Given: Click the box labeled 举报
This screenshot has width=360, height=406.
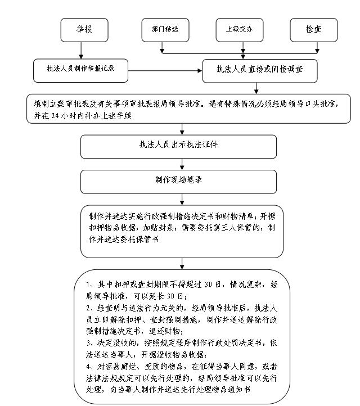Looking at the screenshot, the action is coord(84,30).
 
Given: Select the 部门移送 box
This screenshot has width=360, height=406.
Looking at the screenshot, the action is coord(165,30).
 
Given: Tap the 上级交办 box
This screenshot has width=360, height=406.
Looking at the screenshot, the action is coord(240,30).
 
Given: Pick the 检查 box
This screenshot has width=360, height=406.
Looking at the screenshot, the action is coord(314,30).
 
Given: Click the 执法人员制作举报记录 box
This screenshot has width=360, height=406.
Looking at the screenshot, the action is coord(80,71).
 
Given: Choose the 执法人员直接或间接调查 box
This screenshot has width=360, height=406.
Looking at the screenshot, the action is coord(260,71).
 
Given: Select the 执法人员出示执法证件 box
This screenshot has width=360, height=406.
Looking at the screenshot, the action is coord(178,147).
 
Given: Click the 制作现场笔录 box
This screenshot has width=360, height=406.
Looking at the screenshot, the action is coord(178,182).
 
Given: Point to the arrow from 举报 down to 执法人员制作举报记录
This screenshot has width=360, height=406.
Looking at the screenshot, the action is coord(81,50).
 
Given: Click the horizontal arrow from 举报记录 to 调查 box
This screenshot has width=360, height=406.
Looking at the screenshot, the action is coord(165,71).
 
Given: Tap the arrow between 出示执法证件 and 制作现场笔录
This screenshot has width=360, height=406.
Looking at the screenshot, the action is coord(182,164).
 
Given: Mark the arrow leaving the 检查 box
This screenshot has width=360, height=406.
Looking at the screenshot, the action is coord(317,48).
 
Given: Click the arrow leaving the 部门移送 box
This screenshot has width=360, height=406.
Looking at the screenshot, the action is coord(162,48).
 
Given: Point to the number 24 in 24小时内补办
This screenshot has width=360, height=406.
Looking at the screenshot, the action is coord(55,115).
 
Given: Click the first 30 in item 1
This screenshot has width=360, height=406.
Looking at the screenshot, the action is coord(209,285).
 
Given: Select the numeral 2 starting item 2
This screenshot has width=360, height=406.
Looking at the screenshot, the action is coord(88,308).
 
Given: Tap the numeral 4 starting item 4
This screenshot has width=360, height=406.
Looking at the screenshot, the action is coord(88,367).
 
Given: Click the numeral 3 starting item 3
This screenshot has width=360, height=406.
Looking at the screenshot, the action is coord(88,343).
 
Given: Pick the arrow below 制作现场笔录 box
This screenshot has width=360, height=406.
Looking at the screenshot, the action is coord(182,200).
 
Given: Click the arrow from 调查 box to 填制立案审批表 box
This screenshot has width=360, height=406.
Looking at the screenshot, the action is coord(256,88).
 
